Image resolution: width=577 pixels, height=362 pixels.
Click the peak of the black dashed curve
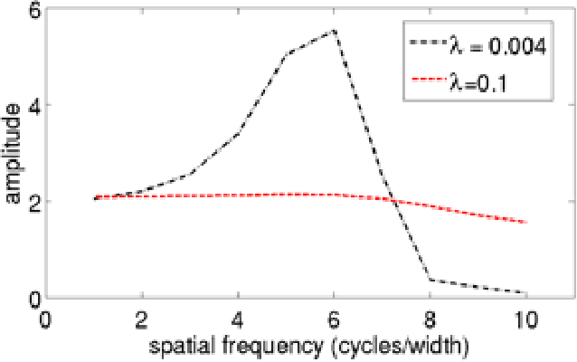pos(334,31)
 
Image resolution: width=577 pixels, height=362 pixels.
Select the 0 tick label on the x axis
pos(46,319)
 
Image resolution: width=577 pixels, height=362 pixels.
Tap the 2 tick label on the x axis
pos(142,319)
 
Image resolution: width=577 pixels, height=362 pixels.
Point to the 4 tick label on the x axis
pos(238,319)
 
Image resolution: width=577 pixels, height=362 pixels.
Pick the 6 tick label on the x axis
pos(334,319)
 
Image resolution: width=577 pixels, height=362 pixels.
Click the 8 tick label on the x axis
pos(430,319)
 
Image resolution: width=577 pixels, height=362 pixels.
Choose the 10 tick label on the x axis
pos(525,319)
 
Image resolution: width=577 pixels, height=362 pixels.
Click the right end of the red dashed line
pos(525,222)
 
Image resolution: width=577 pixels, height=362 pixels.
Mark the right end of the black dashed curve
pos(525,292)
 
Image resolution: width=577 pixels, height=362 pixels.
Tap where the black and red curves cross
pos(392,200)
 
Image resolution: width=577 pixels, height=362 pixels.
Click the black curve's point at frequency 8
pos(430,280)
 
